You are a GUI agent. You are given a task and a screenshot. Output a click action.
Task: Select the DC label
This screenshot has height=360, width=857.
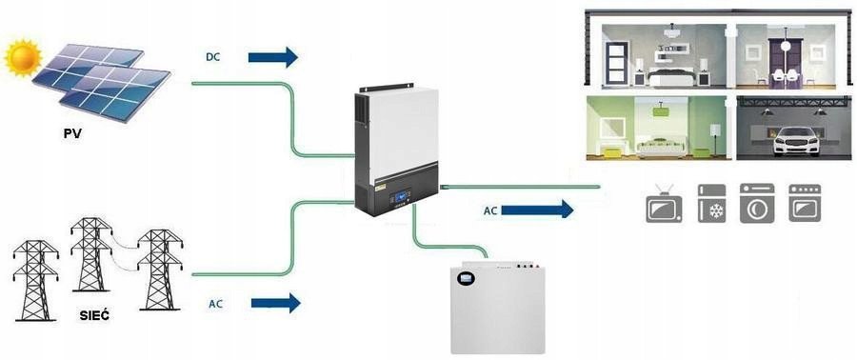pyautogui.click(x=214, y=57)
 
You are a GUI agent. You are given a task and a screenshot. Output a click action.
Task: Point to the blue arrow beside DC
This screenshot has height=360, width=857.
pyautogui.click(x=272, y=57)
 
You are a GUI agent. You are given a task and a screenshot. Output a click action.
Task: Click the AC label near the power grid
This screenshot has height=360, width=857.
pyautogui.click(x=217, y=304)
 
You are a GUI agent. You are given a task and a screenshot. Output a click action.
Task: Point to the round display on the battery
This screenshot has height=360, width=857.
pyautogui.click(x=467, y=281)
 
